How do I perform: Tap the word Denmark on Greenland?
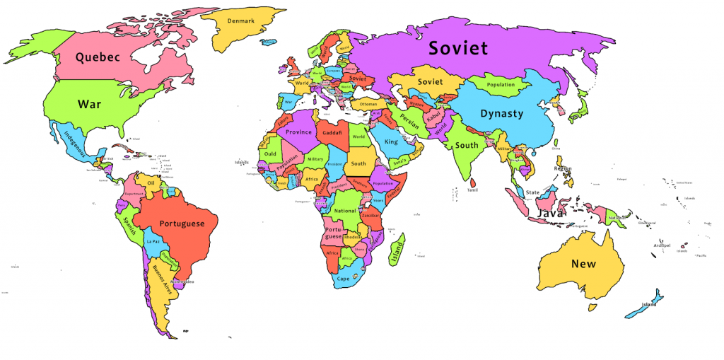pos(240,21)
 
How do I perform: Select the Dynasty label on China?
pos(501,113)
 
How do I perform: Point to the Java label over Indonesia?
pos(549,212)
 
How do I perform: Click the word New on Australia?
pos(583,264)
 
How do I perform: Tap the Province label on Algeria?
pos(298,132)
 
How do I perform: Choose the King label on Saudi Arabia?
pos(391,142)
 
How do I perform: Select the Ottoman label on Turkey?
pos(368,104)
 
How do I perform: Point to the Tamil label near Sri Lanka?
pos(472,190)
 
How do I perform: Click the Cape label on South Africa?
pos(343,279)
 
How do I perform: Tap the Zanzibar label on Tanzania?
pos(372,214)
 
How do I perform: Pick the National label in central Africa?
pos(345,211)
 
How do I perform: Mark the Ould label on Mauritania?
pos(270,153)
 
